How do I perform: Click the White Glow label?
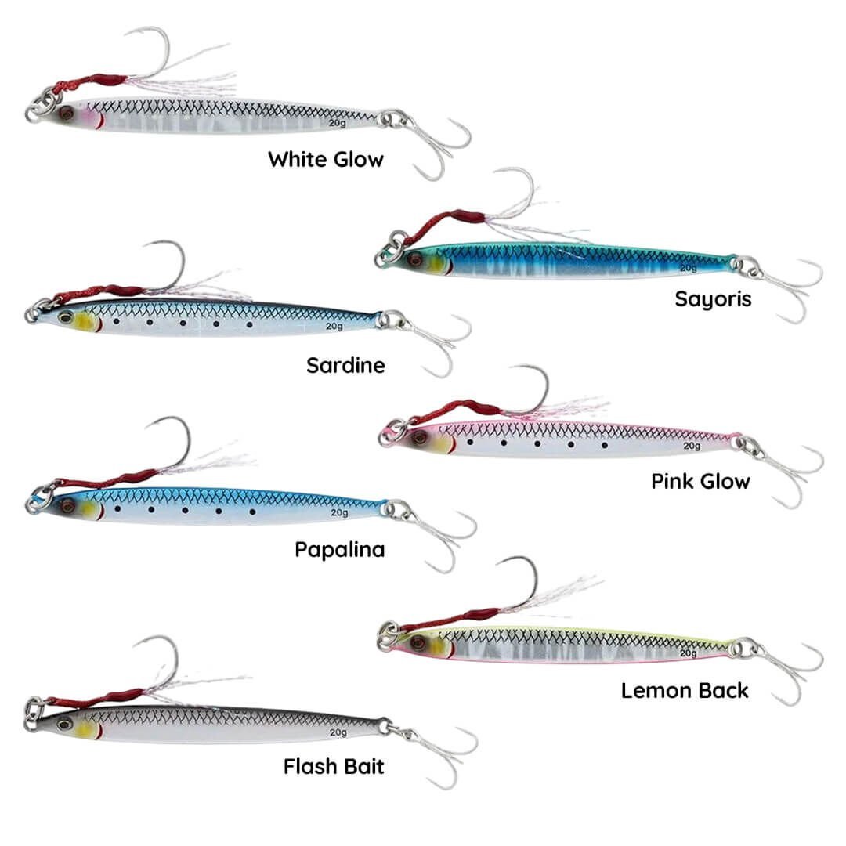pyautogui.click(x=326, y=160)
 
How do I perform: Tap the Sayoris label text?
pyautogui.click(x=713, y=299)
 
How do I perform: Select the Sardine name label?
pyautogui.click(x=345, y=366)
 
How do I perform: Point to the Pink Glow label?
pyautogui.click(x=700, y=481)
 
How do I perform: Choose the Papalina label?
pyautogui.click(x=339, y=550)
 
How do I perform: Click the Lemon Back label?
pyautogui.click(x=685, y=691)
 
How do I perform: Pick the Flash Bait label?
pyautogui.click(x=334, y=766)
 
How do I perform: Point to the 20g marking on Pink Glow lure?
pyautogui.click(x=691, y=446)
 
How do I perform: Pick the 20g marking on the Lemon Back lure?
pyautogui.click(x=688, y=653)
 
